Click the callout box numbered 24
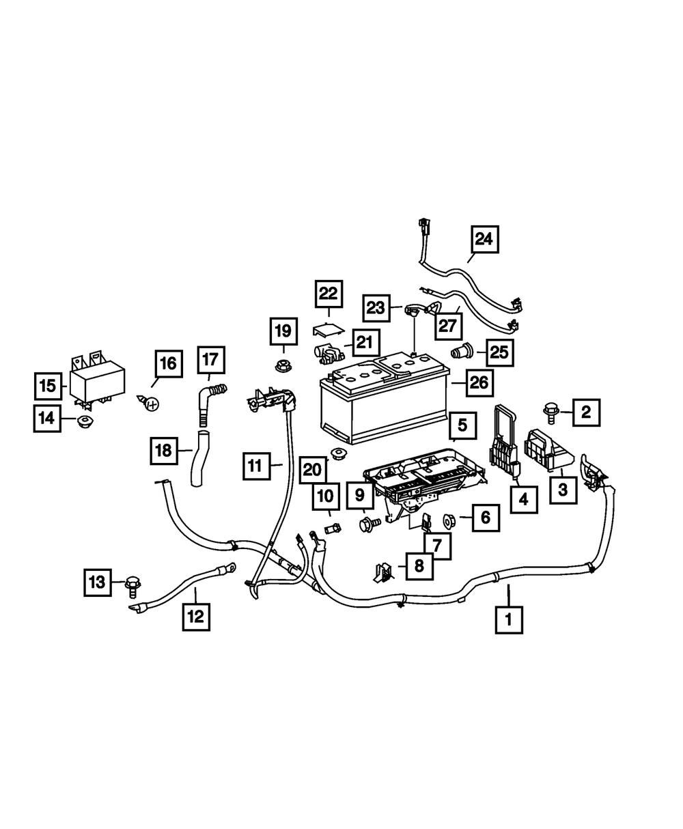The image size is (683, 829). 484,240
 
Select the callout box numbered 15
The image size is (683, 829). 47,386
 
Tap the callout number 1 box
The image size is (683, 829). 508,620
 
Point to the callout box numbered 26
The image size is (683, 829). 479,383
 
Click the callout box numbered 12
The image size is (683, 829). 195,617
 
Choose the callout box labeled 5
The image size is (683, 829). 462,425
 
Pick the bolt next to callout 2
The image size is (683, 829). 549,411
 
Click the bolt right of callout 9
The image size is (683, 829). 370,524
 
